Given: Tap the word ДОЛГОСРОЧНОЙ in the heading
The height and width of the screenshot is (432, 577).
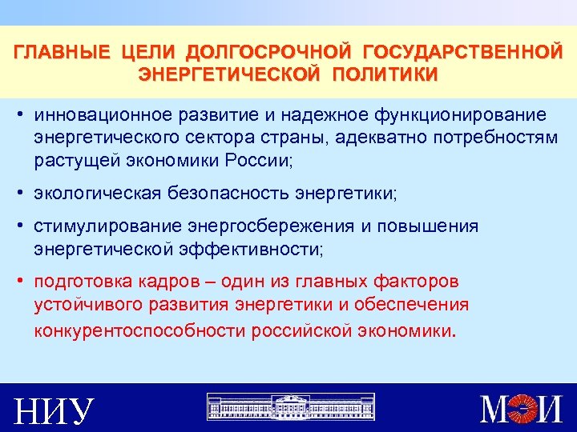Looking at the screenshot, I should (268, 54).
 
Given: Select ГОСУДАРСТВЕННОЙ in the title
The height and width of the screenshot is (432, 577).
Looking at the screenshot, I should (462, 54).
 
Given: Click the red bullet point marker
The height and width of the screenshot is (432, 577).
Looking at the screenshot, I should (18, 282).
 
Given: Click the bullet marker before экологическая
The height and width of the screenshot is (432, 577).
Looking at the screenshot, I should (18, 193).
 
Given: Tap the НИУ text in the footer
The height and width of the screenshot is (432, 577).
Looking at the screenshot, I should (54, 410).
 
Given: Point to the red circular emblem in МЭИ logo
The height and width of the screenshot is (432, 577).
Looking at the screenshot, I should (526, 408).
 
